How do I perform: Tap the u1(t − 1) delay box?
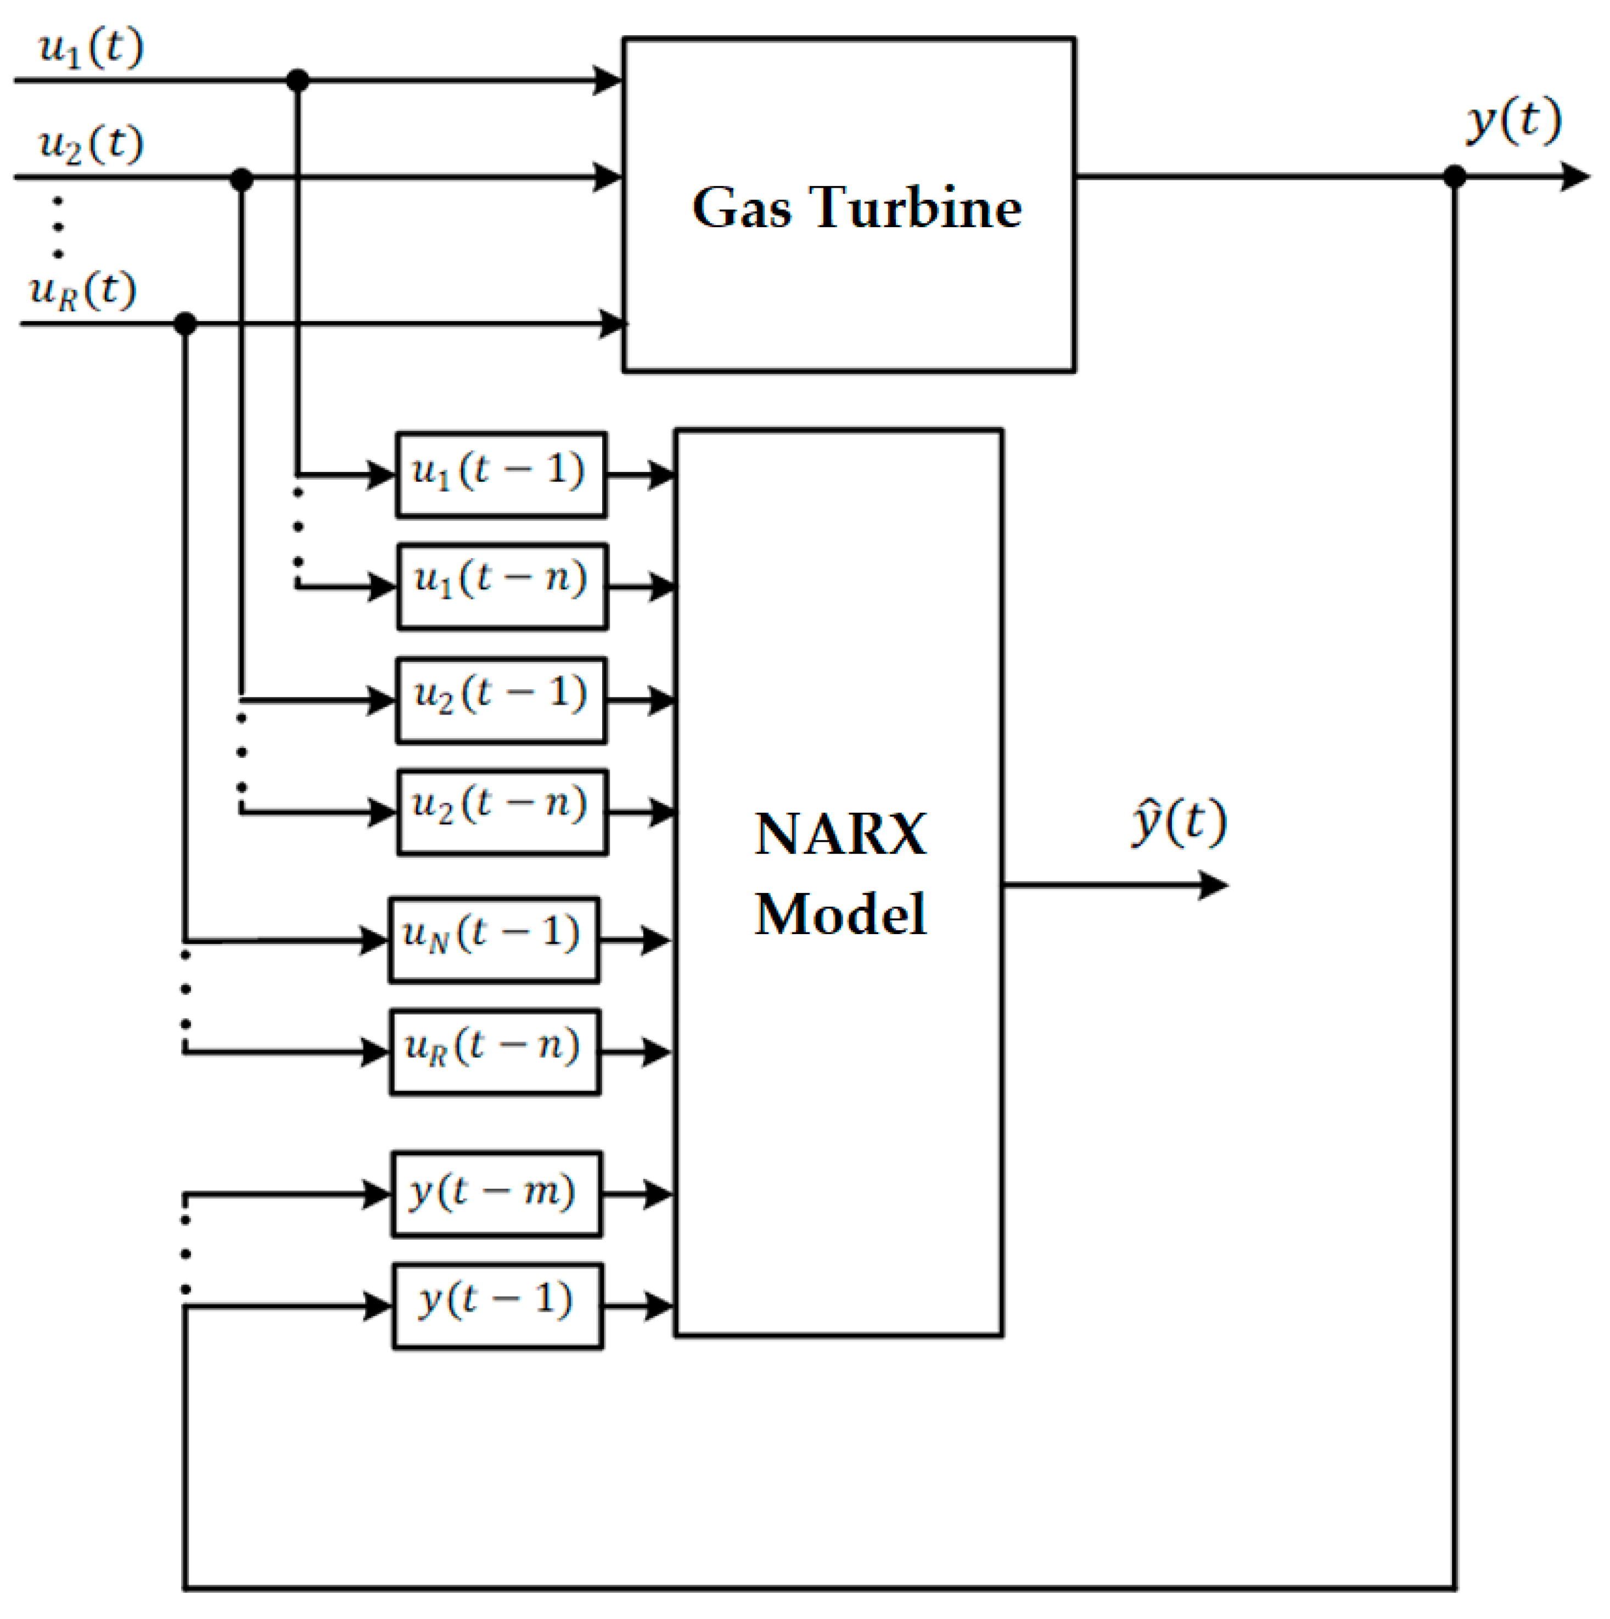coord(501,474)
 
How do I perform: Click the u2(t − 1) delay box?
coord(501,700)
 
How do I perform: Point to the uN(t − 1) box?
coord(493,940)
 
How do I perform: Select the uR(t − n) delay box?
coord(495,1052)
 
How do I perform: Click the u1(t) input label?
coord(91,48)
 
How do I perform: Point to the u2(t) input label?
coord(91,145)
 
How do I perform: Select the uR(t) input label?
coord(82,291)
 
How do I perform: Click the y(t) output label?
coord(1513,121)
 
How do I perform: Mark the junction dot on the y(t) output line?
coord(1455,177)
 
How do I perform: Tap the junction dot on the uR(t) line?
coord(185,323)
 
